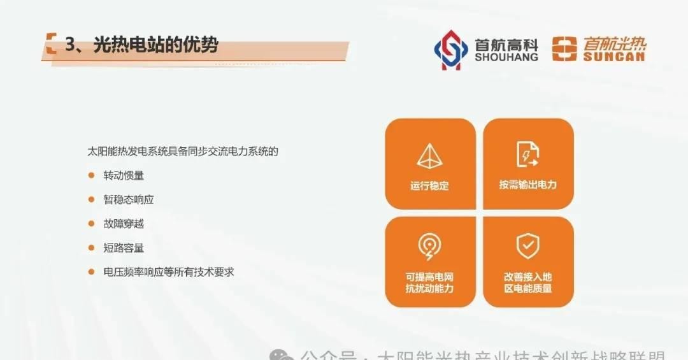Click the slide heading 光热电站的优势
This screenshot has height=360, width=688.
click(155, 45)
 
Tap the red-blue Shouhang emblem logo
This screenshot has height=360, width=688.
click(450, 50)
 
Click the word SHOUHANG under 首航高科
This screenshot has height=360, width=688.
click(506, 57)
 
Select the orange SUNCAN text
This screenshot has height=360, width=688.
click(614, 56)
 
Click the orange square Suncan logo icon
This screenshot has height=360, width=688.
click(564, 49)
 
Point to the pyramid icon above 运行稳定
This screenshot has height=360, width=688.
click(430, 155)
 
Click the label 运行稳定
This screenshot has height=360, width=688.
click(430, 186)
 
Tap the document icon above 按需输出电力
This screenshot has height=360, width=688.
click(527, 155)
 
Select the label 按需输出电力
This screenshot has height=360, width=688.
click(527, 185)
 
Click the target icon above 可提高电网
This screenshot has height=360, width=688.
click(430, 247)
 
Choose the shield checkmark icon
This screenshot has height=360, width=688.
click(527, 246)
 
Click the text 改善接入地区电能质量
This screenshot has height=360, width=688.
click(527, 282)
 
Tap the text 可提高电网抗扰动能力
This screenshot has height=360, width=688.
click(430, 282)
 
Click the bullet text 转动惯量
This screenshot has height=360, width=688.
click(124, 175)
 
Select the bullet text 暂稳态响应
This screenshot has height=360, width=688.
click(128, 199)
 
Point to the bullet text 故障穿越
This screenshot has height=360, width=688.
click(124, 224)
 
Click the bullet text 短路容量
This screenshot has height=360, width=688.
click(124, 248)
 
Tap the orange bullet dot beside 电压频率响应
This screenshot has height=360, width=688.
click(91, 272)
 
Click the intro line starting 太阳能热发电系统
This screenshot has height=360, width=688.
click(183, 152)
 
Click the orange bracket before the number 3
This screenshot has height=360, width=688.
click(51, 44)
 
